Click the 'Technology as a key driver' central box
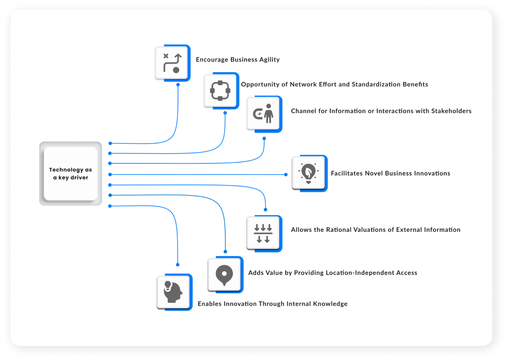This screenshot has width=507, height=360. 70,173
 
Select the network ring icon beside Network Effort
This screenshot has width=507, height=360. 220,91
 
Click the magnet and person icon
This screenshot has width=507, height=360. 263,114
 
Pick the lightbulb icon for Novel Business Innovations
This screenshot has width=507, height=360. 308,173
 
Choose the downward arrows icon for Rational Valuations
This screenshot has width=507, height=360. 263,233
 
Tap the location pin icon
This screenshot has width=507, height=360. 224,274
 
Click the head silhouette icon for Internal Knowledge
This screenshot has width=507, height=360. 173,292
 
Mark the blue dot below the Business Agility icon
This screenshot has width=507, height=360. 178,84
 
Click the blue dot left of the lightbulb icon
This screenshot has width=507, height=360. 286,175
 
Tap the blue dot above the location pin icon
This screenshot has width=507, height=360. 225,252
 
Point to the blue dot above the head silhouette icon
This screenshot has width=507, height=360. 178,265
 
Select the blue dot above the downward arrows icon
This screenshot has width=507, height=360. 265,209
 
